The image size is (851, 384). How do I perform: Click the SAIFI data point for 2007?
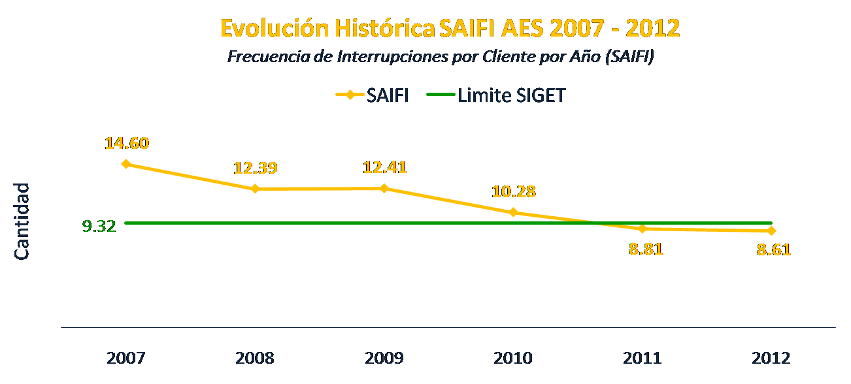pos(126,164)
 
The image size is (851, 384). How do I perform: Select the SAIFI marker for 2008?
pos(255,189)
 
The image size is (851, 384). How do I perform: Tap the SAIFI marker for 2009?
pos(384,188)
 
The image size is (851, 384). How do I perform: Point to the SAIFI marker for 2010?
pos(513,212)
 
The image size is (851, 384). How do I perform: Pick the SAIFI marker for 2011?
pos(642,229)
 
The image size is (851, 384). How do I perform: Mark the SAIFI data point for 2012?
pos(772,231)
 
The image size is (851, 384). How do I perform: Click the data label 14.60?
pos(127,143)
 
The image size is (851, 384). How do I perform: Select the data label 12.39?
pos(256,168)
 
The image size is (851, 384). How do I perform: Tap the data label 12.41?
pos(385,167)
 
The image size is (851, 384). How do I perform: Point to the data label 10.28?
pos(514,192)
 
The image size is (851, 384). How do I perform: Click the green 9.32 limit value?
pos(99,227)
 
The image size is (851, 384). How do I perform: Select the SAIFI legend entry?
pos(373,95)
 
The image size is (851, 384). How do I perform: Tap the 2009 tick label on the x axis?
pos(384,359)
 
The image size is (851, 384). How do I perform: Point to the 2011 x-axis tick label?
pos(642,359)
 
